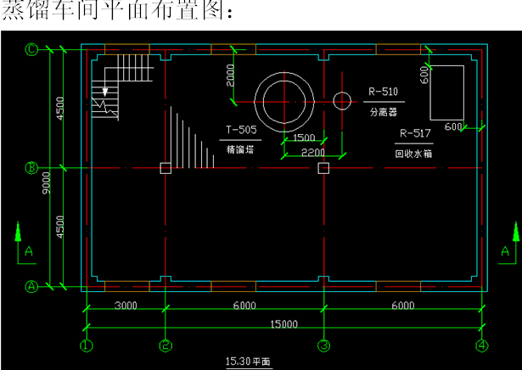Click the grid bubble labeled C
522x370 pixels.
[31, 49]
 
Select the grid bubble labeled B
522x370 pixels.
[31, 168]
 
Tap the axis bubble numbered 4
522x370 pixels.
[481, 345]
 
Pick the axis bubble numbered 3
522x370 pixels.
[323, 345]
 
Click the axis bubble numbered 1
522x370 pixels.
[86, 345]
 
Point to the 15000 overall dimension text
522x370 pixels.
[283, 323]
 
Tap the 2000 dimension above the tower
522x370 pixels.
[230, 76]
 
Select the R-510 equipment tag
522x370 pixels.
[383, 91]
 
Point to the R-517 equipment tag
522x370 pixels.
[415, 133]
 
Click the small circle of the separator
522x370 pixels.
[342, 101]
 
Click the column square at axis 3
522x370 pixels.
[323, 169]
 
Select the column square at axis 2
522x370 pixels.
[166, 169]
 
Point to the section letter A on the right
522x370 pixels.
[507, 252]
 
